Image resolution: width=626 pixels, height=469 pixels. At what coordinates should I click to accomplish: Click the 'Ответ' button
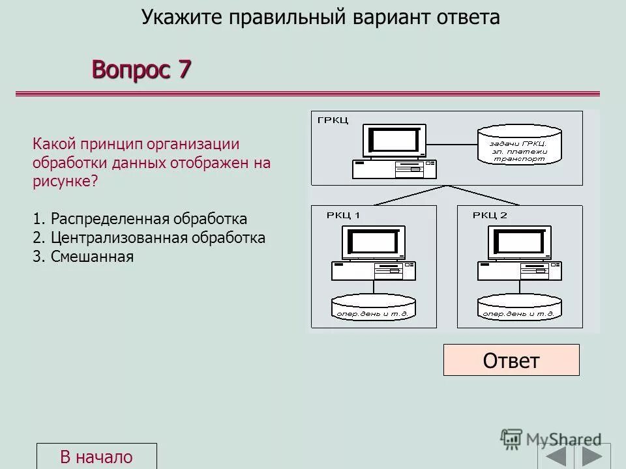pos(511,360)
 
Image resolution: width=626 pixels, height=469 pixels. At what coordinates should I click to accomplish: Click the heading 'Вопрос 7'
pos(142,68)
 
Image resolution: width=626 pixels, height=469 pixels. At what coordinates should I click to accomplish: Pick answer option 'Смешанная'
pos(83,257)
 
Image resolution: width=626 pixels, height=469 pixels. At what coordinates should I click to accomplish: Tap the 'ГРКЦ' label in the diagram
pos(333,120)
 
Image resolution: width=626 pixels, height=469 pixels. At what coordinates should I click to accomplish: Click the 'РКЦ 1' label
pos(344,215)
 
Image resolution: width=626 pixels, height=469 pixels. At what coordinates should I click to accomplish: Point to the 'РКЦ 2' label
pos(490,215)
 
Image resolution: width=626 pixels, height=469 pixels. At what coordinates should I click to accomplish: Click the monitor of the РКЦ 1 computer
pos(373,242)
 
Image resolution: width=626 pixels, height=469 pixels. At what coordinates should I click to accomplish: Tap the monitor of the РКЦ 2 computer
pos(519,242)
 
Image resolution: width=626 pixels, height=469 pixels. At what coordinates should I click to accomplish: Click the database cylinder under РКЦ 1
pos(374,308)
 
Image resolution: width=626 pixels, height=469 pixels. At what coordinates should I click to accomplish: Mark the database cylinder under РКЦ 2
pos(520,308)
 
